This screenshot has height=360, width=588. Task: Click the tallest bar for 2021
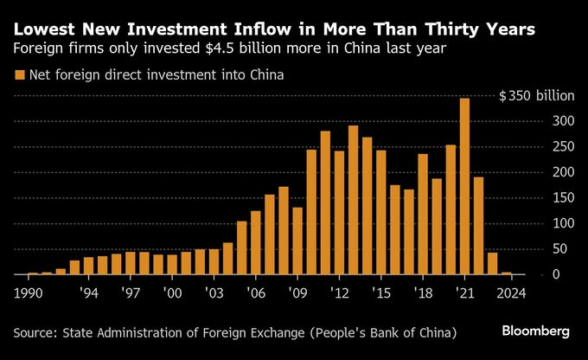pos(464,187)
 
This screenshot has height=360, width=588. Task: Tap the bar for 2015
pos(381,213)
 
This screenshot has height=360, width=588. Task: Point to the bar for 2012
pos(339,213)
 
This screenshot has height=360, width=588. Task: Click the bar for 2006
pos(256,243)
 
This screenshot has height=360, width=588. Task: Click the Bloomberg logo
pos(536,331)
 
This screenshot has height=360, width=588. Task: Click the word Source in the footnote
pos(35,332)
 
